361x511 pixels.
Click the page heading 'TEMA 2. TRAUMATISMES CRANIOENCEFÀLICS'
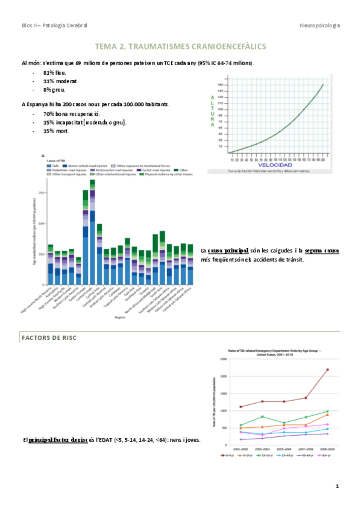pyautogui.click(x=180, y=46)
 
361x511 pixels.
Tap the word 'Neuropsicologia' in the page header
pyautogui.click(x=319, y=25)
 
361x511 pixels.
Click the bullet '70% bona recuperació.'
pyautogui.click(x=72, y=113)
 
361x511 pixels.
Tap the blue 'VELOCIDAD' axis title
pyautogui.click(x=275, y=165)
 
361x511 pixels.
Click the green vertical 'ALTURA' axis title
pyautogui.click(x=212, y=110)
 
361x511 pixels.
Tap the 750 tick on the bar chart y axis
pyautogui.click(x=42, y=193)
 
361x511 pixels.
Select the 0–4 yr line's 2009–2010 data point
pyautogui.click(x=327, y=370)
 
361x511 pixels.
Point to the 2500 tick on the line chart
pyautogui.click(x=223, y=359)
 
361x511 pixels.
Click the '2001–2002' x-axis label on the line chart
pyautogui.click(x=240, y=449)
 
